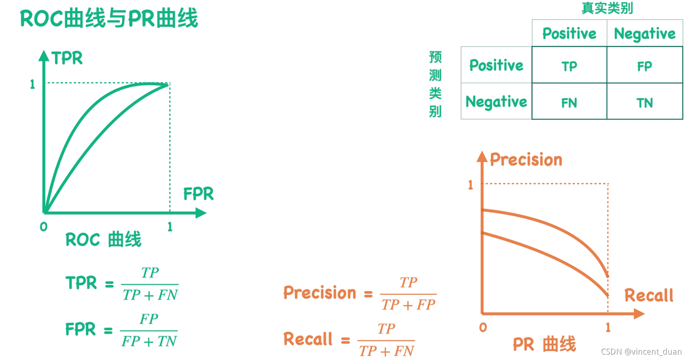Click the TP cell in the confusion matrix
tap(569, 66)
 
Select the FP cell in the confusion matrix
tap(644, 66)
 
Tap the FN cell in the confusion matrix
tap(569, 103)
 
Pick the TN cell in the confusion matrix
tap(644, 103)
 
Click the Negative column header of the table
tap(644, 34)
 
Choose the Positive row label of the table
tap(496, 65)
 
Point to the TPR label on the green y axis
tap(67, 58)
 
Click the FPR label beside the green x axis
tap(198, 194)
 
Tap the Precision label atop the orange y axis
tap(526, 160)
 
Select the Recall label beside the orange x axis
tap(649, 296)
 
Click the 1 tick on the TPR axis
tap(32, 84)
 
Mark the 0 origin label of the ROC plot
tap(44, 227)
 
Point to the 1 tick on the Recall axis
tap(608, 327)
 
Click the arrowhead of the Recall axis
tap(639, 314)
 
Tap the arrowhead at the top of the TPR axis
tap(44, 56)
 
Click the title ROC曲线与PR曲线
tap(109, 19)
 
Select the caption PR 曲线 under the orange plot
tap(544, 345)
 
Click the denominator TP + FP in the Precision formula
tap(408, 305)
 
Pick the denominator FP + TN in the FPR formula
tap(149, 342)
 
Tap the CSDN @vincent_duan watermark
tap(641, 352)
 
